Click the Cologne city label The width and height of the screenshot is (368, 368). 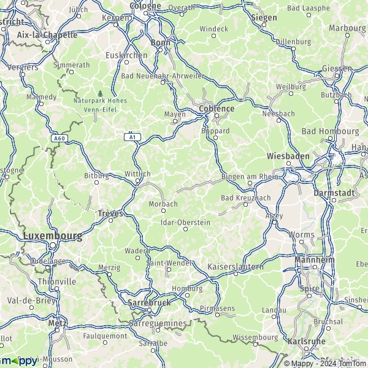(x=146, y=6)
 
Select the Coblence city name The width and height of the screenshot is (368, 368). (x=217, y=109)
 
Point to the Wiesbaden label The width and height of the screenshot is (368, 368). (x=288, y=156)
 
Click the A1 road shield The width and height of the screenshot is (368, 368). (x=132, y=137)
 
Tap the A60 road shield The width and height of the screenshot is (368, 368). (x=59, y=139)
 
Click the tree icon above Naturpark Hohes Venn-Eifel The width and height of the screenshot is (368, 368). (x=100, y=94)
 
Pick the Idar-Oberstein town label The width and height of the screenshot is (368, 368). (x=185, y=223)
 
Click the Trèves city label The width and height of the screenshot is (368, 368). (x=110, y=213)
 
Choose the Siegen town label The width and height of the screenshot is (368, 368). (x=264, y=18)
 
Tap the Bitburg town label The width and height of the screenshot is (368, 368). (x=96, y=175)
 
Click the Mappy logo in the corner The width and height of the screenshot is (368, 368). (x=18, y=361)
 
